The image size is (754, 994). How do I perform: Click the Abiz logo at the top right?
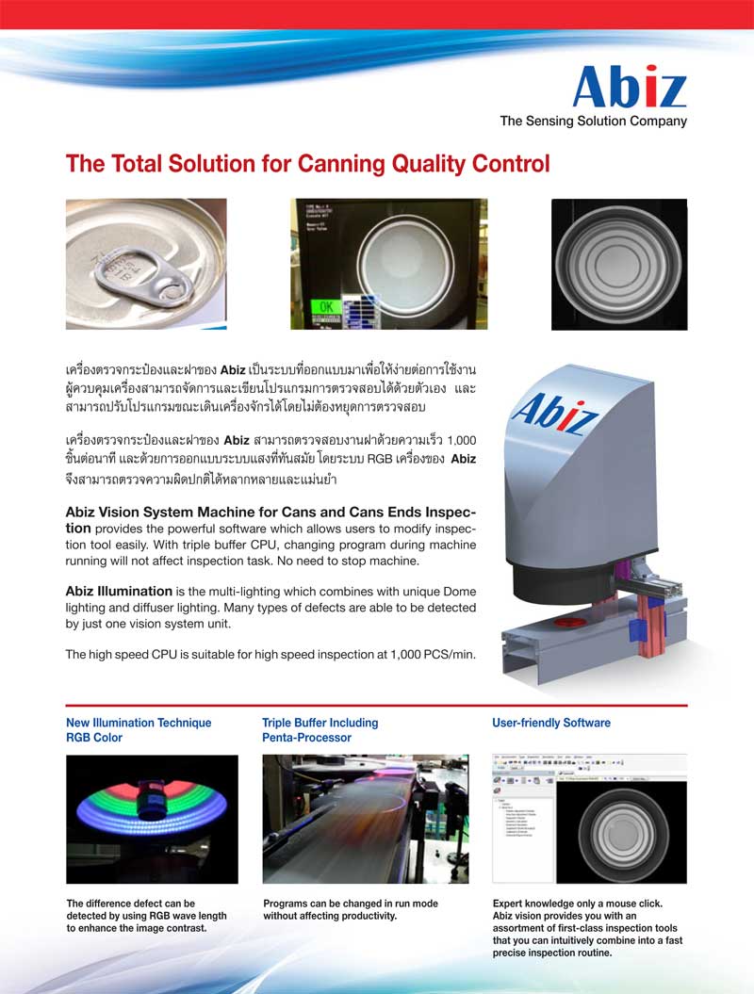pyautogui.click(x=630, y=87)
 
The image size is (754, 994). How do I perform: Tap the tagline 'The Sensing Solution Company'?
pyautogui.click(x=593, y=121)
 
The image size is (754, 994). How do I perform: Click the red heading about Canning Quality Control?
pyautogui.click(x=307, y=164)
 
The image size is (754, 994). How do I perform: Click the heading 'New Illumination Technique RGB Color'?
pyautogui.click(x=139, y=730)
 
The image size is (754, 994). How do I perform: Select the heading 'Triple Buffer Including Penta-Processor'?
pyautogui.click(x=320, y=730)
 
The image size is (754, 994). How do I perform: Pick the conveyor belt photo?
pyautogui.click(x=365, y=818)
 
